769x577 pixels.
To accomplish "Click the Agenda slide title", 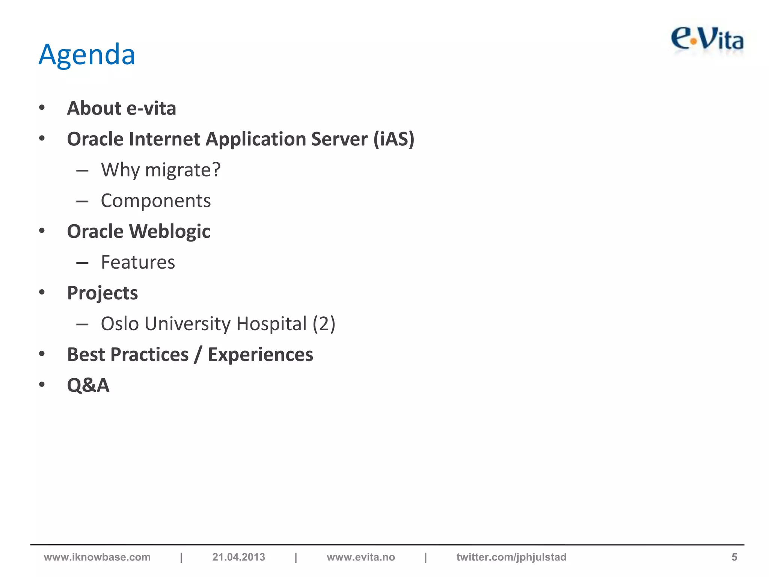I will pyautogui.click(x=87, y=55).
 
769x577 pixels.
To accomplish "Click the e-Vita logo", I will pyautogui.click(x=707, y=40).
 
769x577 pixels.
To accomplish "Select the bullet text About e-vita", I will pyautogui.click(x=121, y=109).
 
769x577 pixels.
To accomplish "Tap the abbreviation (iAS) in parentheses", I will pyautogui.click(x=394, y=139).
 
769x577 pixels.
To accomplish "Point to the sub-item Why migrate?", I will pyautogui.click(x=161, y=170).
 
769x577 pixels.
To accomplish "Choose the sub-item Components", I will pyautogui.click(x=156, y=201).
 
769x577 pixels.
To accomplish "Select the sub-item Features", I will pyautogui.click(x=138, y=262).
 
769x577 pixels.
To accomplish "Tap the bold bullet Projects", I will pyautogui.click(x=102, y=293).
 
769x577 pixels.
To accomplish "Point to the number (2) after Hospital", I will pyautogui.click(x=324, y=324).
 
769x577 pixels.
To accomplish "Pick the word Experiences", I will pyautogui.click(x=261, y=355).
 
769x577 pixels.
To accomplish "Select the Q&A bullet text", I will pyautogui.click(x=88, y=385).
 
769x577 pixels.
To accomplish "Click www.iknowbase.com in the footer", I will pyautogui.click(x=97, y=557).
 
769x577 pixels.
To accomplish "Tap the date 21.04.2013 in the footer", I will pyautogui.click(x=238, y=557).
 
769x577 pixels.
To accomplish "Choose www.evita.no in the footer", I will pyautogui.click(x=361, y=557).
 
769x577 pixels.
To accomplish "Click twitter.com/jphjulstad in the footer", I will pyautogui.click(x=511, y=557).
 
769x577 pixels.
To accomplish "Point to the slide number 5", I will pyautogui.click(x=734, y=557).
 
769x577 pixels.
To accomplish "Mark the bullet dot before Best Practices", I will pyautogui.click(x=42, y=354).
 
